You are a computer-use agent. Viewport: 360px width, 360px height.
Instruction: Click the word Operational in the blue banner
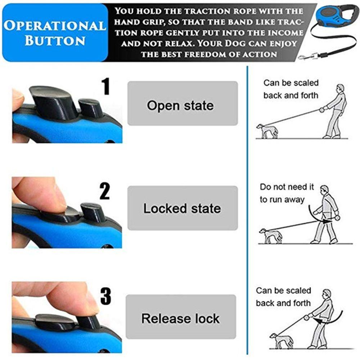(55, 26)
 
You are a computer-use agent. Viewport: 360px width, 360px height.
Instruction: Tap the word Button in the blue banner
(55, 41)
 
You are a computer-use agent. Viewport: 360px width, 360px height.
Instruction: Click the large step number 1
(105, 86)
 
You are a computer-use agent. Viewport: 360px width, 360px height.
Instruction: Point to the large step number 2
(105, 191)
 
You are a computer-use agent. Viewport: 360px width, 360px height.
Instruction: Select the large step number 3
(105, 296)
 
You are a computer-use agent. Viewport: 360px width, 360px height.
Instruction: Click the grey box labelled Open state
(183, 103)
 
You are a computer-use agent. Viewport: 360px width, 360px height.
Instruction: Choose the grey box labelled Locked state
(183, 208)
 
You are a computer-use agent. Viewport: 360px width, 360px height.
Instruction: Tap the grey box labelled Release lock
(181, 316)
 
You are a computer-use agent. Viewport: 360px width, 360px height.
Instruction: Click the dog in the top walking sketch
(267, 131)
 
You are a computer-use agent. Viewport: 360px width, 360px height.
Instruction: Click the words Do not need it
(287, 187)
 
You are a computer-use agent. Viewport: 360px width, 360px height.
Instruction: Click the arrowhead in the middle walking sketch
(326, 221)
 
